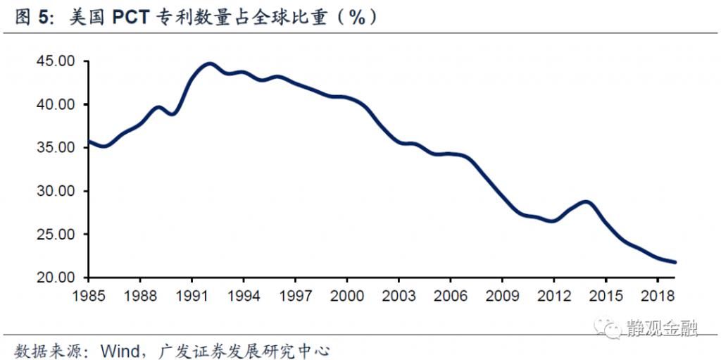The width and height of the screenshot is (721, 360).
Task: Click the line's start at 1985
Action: point(87,142)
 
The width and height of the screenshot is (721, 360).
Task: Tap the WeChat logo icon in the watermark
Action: point(606,325)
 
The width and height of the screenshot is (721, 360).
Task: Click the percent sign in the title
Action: point(358,18)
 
